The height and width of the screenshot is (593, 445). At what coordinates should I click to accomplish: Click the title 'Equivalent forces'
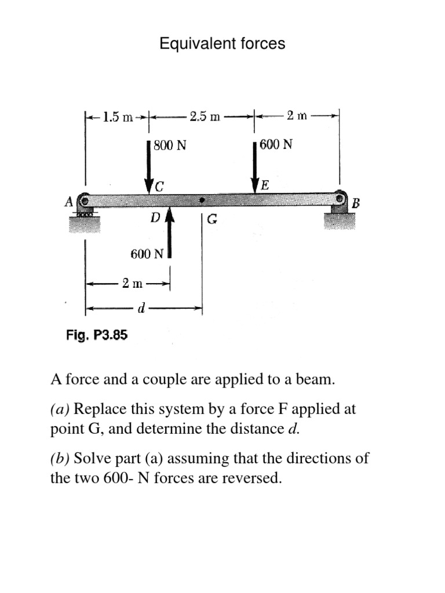pyautogui.click(x=222, y=43)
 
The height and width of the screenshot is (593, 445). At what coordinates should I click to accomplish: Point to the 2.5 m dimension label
pyautogui.click(x=205, y=116)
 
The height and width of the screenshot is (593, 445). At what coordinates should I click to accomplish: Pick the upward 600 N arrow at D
pyautogui.click(x=170, y=232)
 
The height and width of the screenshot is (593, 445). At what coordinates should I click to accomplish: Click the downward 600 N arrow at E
pyautogui.click(x=255, y=165)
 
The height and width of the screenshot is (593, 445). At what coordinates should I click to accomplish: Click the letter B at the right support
pyautogui.click(x=356, y=204)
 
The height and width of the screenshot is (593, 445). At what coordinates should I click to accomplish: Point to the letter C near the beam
pyautogui.click(x=160, y=186)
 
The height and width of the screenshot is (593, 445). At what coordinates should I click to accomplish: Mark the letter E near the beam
pyautogui.click(x=265, y=186)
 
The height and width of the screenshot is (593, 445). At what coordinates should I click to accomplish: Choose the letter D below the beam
pyautogui.click(x=155, y=218)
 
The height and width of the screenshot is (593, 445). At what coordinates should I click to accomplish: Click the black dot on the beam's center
pyautogui.click(x=202, y=200)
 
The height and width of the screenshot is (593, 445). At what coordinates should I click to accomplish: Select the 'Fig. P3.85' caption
pyautogui.click(x=97, y=335)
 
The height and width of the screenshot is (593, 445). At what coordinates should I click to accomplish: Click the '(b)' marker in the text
pyautogui.click(x=60, y=459)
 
